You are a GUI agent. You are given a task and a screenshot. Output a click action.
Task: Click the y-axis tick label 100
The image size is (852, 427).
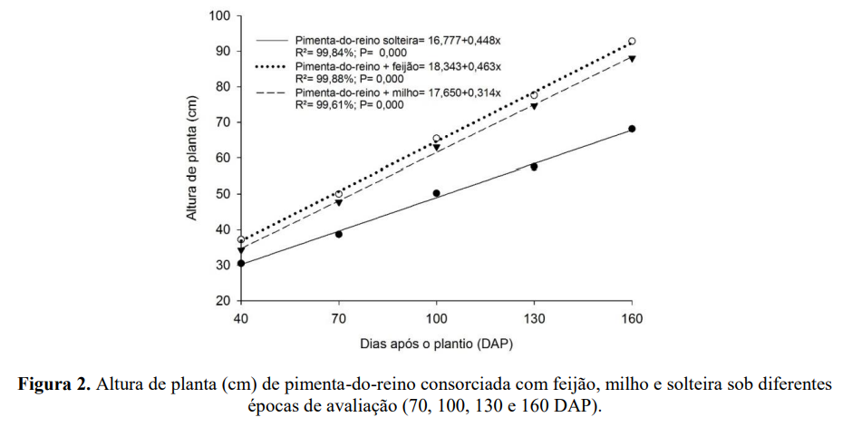219,15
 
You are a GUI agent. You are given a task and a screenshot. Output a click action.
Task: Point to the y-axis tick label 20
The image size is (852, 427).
223,300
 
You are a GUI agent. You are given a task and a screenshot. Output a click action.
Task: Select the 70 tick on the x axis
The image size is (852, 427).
338,319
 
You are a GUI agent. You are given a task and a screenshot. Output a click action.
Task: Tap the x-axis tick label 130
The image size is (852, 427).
534,319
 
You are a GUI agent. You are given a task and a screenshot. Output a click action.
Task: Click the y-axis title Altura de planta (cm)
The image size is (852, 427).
192,159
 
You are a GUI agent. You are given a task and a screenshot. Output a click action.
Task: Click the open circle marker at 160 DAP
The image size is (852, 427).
632,42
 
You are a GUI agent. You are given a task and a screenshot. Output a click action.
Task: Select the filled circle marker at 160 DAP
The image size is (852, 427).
632,129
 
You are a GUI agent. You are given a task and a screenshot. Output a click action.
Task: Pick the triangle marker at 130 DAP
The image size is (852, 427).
534,107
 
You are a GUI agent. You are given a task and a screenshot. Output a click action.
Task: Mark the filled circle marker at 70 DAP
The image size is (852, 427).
338,234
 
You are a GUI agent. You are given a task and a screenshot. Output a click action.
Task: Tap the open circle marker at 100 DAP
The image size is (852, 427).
436,139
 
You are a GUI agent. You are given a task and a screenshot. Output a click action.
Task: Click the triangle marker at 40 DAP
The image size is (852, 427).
241,250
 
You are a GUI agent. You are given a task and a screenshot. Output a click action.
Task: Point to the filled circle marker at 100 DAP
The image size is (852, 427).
436,193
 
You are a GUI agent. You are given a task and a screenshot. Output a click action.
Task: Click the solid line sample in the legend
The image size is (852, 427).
273,41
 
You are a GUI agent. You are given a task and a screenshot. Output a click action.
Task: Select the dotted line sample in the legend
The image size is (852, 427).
273,67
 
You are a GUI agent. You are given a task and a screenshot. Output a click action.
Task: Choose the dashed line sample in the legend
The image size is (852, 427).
273,93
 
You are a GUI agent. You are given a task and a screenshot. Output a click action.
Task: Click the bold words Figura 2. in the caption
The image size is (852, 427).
54,384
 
